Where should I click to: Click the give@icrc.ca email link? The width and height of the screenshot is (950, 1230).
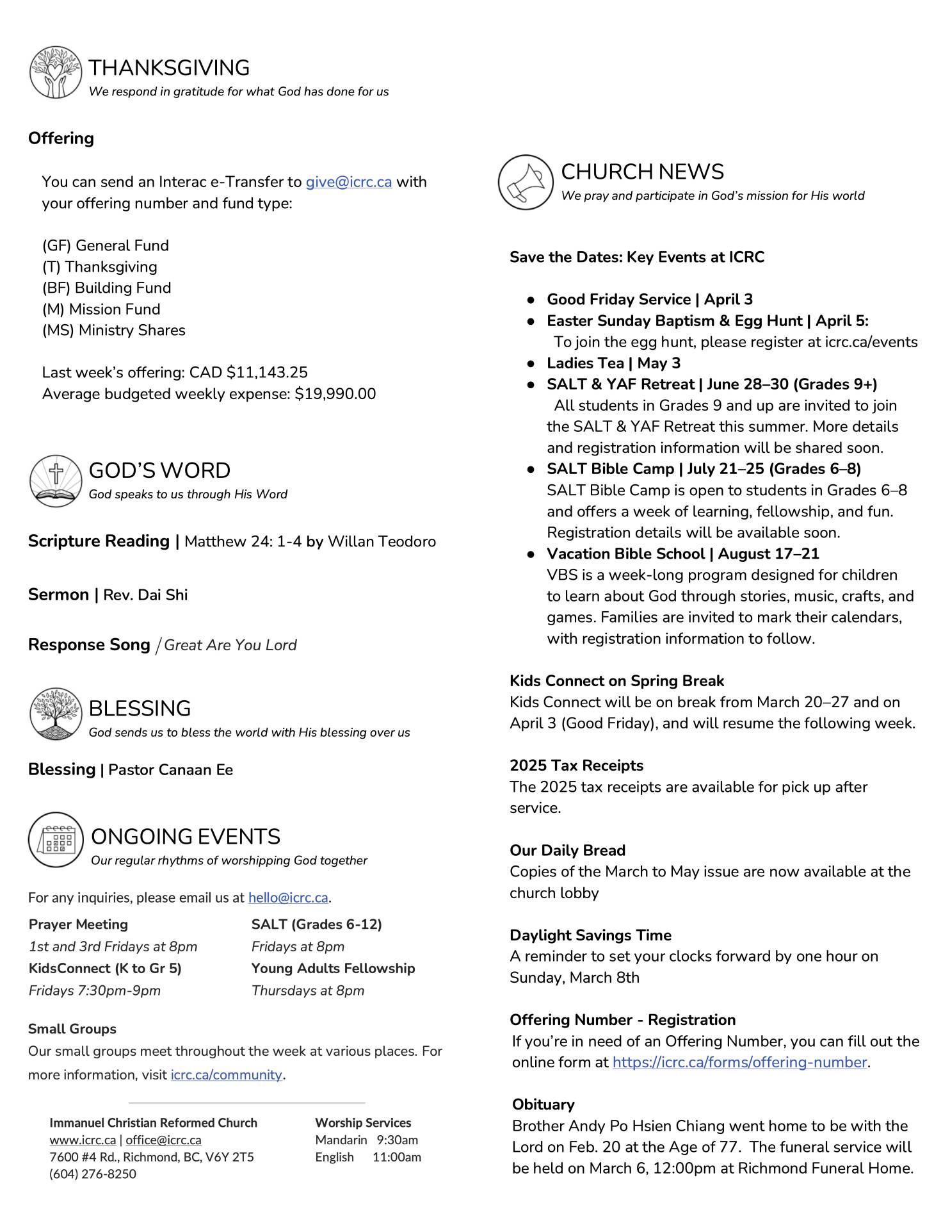tap(348, 182)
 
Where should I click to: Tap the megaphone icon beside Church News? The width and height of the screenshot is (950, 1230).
tap(525, 182)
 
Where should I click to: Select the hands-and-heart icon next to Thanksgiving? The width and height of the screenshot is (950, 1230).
tap(56, 72)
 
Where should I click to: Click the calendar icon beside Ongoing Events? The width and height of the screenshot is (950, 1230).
tap(56, 839)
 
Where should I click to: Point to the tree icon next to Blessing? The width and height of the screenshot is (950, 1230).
tap(56, 713)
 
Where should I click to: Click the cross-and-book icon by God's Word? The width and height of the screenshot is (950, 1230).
tap(56, 480)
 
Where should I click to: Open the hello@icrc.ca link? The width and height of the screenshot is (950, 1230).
tap(288, 898)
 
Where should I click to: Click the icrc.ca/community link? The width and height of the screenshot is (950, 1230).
tap(226, 1074)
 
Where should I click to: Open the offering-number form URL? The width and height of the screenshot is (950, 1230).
tap(739, 1062)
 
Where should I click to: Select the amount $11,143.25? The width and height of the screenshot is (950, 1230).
tap(267, 373)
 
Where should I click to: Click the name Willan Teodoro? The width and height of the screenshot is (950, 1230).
tap(382, 542)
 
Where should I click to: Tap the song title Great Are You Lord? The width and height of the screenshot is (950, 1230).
tap(230, 645)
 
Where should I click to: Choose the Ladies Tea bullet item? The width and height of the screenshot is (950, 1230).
tap(613, 363)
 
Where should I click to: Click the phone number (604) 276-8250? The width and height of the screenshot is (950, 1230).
tap(93, 1174)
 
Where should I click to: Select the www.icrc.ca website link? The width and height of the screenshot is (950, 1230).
tap(83, 1140)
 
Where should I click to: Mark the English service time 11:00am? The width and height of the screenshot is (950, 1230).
tap(397, 1157)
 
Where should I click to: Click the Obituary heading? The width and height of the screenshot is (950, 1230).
tap(543, 1104)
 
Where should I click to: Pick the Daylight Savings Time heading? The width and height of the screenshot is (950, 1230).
tap(590, 935)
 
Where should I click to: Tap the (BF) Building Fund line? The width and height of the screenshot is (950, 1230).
tap(106, 288)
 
